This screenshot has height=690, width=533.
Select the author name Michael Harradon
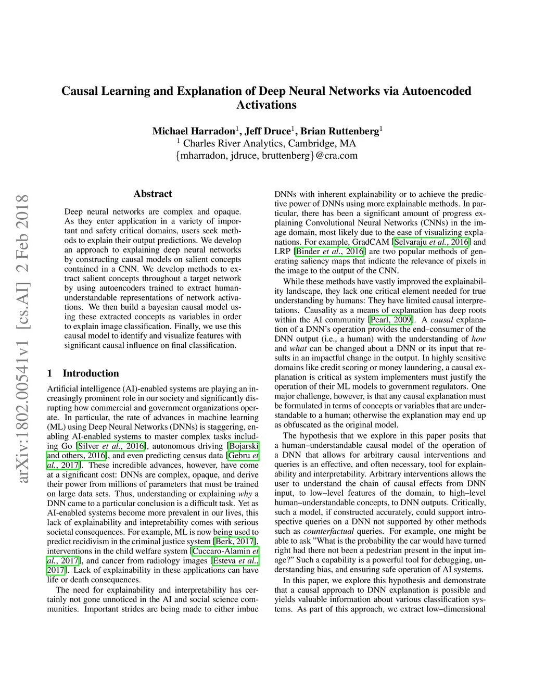[194, 131]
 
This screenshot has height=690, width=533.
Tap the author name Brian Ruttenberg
[340, 131]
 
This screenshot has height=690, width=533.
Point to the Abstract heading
[153, 194]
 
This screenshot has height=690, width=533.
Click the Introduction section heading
[91, 373]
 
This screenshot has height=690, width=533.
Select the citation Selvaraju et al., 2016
[432, 242]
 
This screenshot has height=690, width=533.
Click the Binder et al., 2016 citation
[330, 252]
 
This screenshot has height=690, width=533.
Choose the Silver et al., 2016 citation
[111, 446]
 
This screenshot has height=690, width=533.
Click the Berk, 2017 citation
[235, 542]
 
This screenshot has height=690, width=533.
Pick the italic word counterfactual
[328, 531]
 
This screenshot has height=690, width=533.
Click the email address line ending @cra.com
[266, 156]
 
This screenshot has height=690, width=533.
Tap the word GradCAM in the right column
[371, 242]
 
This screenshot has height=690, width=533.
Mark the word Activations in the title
[266, 105]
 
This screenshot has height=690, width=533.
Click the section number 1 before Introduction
[49, 373]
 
